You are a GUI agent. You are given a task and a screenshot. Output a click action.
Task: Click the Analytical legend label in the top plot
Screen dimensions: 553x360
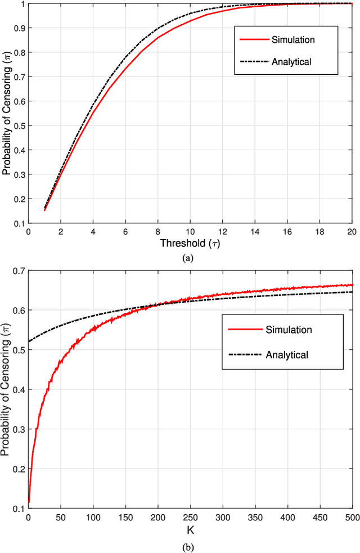click(x=291, y=61)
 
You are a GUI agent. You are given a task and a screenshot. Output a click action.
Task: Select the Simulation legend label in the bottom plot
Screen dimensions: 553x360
click(x=288, y=329)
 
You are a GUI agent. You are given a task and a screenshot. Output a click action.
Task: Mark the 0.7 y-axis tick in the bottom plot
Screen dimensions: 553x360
click(x=19, y=271)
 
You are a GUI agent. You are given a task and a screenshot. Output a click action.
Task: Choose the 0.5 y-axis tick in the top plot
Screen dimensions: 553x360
click(x=19, y=126)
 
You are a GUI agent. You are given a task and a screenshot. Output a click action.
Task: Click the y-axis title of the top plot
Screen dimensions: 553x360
click(x=7, y=113)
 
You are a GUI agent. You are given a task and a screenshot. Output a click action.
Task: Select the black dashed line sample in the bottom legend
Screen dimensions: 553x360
click(x=240, y=354)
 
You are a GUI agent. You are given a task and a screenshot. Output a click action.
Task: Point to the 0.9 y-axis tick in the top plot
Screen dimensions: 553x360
click(x=19, y=28)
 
